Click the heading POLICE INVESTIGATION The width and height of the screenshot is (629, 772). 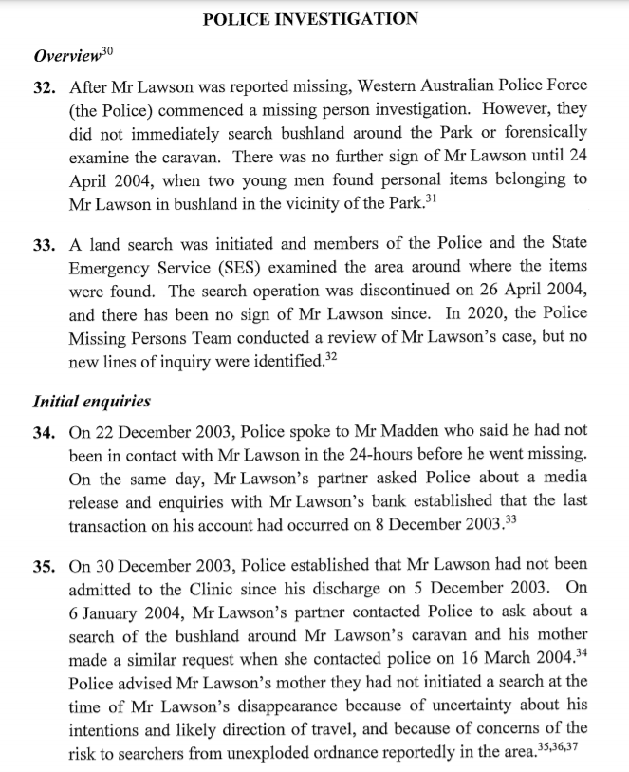[x=310, y=18]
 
